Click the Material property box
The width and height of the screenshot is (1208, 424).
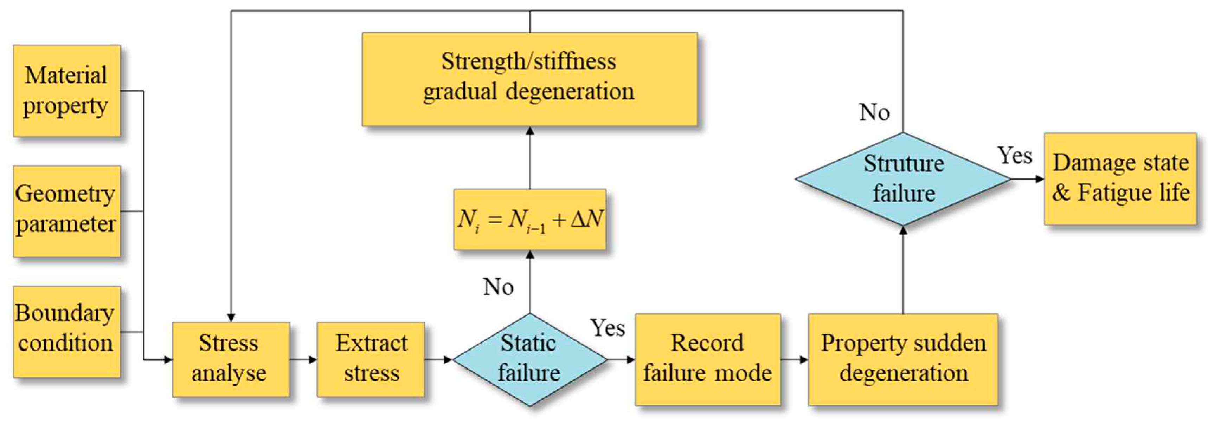click(66, 91)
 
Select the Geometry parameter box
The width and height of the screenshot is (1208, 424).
click(66, 211)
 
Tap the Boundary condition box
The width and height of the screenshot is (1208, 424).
click(66, 332)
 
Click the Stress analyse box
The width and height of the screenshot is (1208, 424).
click(230, 359)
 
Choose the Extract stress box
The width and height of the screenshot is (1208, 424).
click(371, 359)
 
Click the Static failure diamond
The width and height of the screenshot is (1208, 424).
click(529, 359)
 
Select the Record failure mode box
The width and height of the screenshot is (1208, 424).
click(707, 359)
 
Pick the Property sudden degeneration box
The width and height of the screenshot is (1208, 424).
click(903, 359)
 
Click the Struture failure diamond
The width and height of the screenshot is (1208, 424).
click(903, 178)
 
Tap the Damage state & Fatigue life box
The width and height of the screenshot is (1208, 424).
click(1120, 178)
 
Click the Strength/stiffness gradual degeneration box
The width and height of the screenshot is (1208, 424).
click(529, 79)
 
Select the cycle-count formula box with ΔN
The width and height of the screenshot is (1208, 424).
click(529, 219)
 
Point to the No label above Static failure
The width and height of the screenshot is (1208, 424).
click(498, 287)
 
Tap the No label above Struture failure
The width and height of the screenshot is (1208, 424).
click(874, 112)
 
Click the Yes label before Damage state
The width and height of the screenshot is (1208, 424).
click(1014, 155)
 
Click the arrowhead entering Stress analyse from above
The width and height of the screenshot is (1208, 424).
click(231, 317)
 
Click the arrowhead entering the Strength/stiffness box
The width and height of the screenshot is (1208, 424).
click(530, 131)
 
